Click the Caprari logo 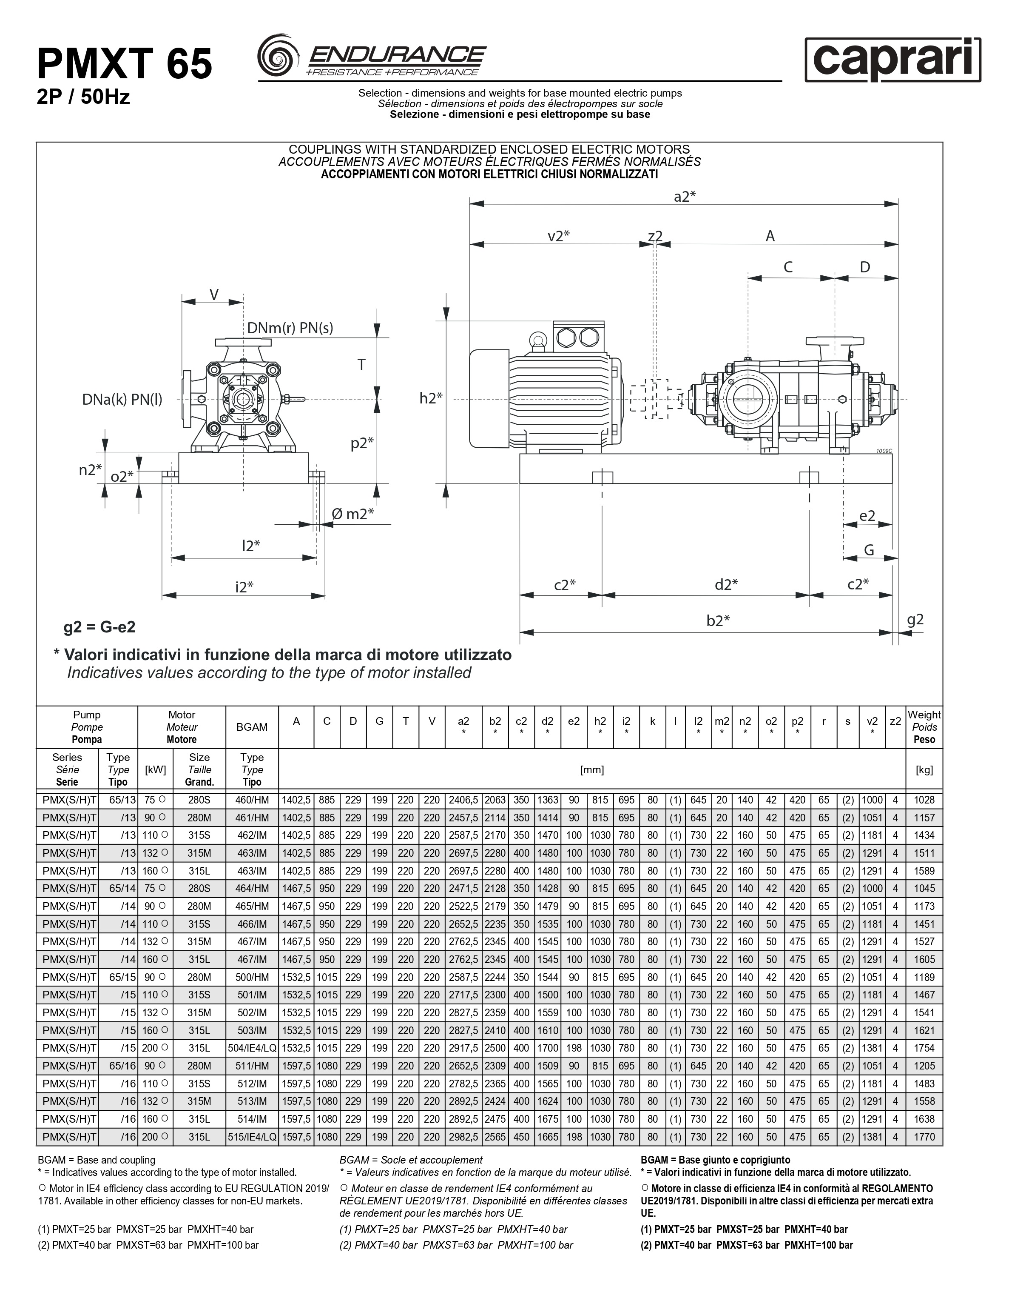(x=892, y=59)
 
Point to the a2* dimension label (x=685, y=197)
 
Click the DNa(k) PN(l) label (x=122, y=399)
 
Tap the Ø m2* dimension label (x=352, y=514)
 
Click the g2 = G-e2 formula (x=99, y=627)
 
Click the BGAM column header (x=252, y=727)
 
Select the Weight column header (x=924, y=727)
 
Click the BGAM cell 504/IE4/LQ (x=252, y=1048)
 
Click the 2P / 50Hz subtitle (x=83, y=97)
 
